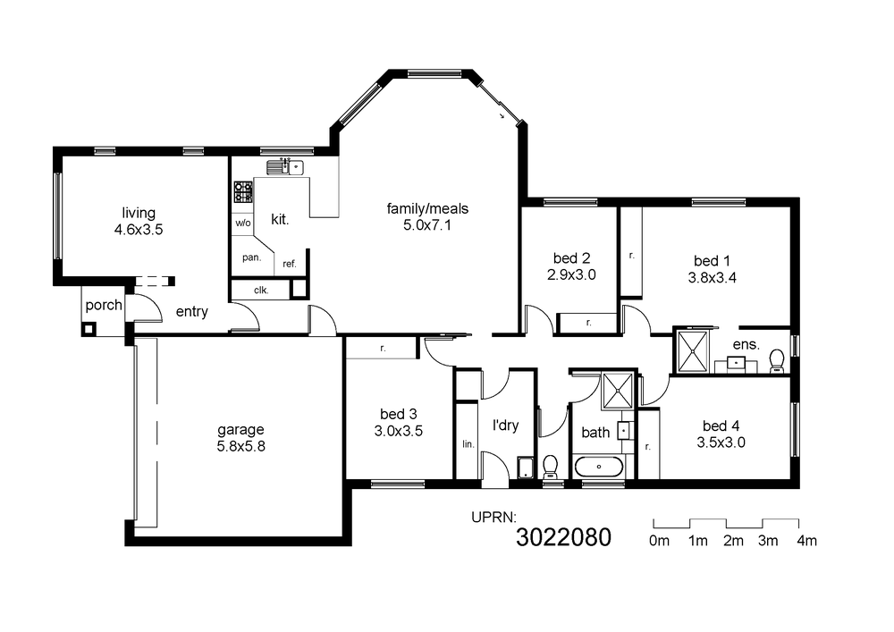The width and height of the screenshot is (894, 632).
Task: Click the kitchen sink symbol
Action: [x=285, y=167]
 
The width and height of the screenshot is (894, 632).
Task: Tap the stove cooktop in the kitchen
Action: [x=243, y=191]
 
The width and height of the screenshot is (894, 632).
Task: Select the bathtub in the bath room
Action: [x=599, y=468]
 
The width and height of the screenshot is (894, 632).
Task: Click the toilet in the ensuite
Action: [x=777, y=361]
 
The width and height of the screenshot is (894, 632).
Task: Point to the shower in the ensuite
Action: [x=692, y=351]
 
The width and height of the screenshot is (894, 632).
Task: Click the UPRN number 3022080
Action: [x=563, y=537]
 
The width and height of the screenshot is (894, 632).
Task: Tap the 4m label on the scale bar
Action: [x=806, y=541]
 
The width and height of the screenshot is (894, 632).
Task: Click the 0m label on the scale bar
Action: [x=659, y=541]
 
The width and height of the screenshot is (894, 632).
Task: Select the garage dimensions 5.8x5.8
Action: [x=240, y=446]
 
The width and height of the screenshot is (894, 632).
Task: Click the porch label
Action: [x=104, y=306]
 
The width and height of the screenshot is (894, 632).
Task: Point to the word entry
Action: [x=191, y=312]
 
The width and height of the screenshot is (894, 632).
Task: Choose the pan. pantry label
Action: [x=251, y=257]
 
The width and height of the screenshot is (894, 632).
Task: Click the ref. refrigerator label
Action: [x=290, y=264]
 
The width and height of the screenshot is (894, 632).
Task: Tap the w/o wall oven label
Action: [x=243, y=223]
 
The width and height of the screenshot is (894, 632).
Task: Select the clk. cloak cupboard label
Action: [x=261, y=290]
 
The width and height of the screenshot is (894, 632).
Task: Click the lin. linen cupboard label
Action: [x=468, y=444]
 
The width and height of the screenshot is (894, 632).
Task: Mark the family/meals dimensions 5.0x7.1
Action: [x=427, y=225]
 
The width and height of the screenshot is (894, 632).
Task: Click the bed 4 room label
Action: [x=721, y=426]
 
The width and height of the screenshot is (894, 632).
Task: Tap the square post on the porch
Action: [x=89, y=329]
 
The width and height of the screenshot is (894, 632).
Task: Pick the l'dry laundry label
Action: [x=506, y=426]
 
